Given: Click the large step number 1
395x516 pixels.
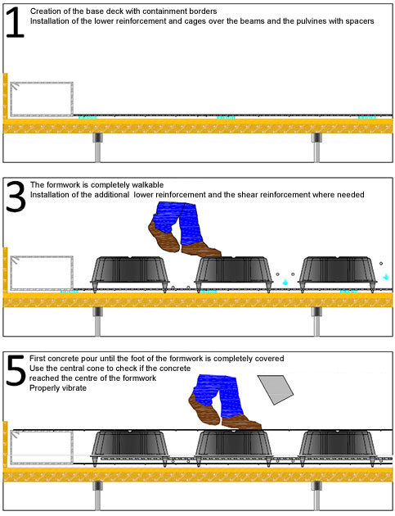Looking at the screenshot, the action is coord(15,22).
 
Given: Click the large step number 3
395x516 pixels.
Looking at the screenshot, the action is coord(16,197).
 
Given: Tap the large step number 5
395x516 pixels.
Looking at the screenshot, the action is coord(16,370).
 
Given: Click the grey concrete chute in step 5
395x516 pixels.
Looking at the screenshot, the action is coord(276,389).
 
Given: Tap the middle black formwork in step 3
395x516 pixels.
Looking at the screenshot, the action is coord(234,274).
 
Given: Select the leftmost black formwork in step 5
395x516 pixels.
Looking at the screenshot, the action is coord(130,448).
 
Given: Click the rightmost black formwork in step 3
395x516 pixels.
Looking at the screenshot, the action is coord(338,274).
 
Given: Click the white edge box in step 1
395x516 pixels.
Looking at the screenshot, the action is coord(42,99).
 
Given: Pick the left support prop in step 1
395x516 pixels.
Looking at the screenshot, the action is coord(97,147).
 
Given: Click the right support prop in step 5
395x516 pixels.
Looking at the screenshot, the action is coord(316,496).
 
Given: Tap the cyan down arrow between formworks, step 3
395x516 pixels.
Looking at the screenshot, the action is coord(285,282).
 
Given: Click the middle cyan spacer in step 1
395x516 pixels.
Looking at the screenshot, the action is coord(226,117).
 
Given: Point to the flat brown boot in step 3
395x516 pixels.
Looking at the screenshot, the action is coord(201,249).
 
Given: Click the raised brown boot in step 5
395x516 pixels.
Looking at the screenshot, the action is coord(204,409).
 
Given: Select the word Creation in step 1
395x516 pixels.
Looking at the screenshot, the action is coord(44,11).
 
